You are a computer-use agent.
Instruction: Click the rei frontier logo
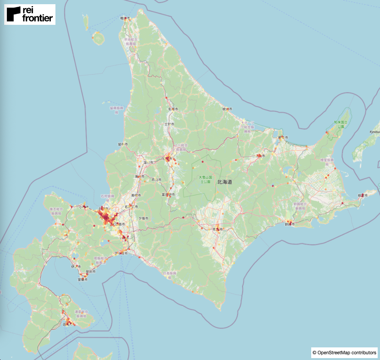(30, 15)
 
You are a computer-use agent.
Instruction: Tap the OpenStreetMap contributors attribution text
(344, 353)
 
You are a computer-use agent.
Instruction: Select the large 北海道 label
(224, 182)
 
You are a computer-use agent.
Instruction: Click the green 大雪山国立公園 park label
(205, 180)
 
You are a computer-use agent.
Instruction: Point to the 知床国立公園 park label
(339, 124)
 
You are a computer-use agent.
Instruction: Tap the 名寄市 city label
(173, 109)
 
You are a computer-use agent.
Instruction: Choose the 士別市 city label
(169, 124)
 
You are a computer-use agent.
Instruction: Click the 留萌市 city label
(123, 144)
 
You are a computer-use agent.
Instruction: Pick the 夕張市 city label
(143, 218)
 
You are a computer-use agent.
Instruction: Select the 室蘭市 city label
(83, 279)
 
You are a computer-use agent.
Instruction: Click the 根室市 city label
(362, 195)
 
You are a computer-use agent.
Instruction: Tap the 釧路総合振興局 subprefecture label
(300, 206)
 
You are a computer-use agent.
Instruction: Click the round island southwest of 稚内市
(98, 38)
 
